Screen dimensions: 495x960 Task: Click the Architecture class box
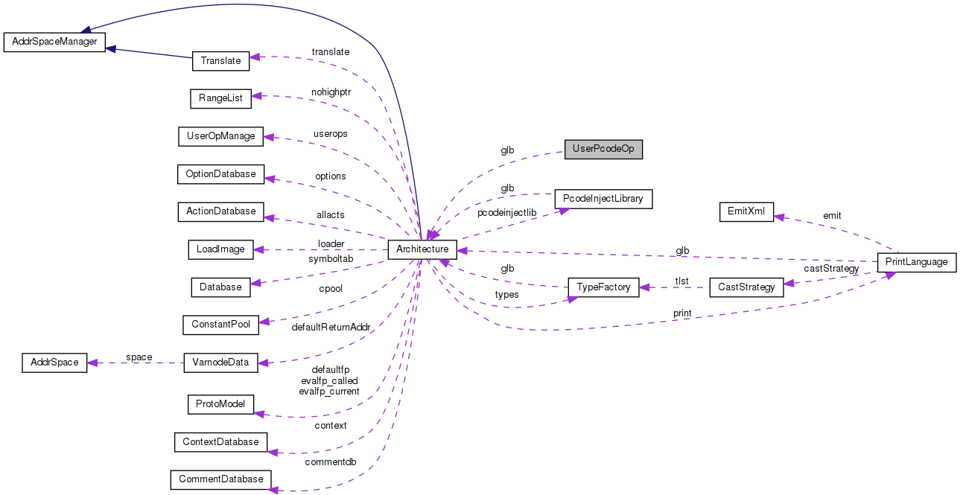[422, 249]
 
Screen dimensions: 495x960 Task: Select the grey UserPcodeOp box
[603, 149]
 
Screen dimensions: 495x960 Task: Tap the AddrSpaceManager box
[54, 42]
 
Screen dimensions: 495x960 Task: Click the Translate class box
[220, 60]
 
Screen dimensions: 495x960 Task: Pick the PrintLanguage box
[916, 262]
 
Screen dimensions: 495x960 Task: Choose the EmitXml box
[746, 211]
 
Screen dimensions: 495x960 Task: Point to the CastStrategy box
[746, 287]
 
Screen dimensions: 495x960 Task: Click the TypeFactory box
[603, 287]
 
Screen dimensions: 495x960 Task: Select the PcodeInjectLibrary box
[603, 199]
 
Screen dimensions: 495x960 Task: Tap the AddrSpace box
[54, 363]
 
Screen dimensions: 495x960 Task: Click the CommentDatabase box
[220, 479]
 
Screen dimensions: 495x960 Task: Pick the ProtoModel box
[220, 404]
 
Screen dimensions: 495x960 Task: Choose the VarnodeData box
[220, 363]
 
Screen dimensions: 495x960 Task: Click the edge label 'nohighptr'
[331, 92]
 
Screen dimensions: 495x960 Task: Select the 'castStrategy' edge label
[831, 269]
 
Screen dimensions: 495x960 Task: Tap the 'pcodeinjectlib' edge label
[506, 213]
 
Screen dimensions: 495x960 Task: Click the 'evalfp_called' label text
[328, 380]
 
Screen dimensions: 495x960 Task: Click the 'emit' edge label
[832, 216]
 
